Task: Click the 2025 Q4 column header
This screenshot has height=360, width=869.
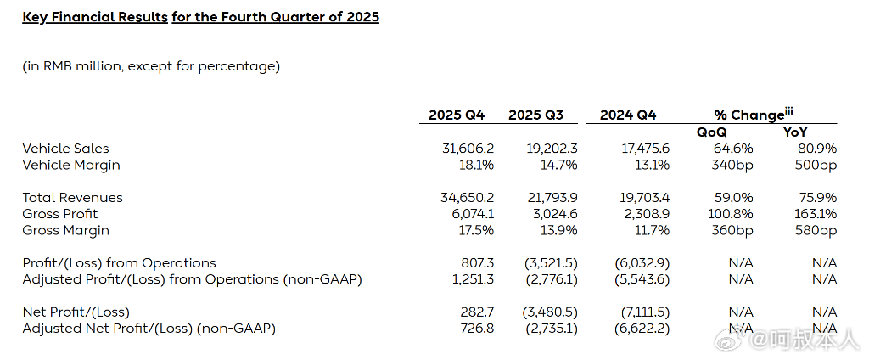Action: click(456, 115)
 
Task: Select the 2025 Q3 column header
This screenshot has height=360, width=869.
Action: click(535, 115)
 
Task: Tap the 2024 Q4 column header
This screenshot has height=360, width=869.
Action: click(627, 115)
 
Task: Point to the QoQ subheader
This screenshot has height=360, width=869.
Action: click(711, 132)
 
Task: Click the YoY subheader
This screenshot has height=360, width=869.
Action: click(795, 132)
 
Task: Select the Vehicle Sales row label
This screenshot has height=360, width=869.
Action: click(65, 149)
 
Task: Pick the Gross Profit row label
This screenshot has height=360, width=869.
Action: click(59, 214)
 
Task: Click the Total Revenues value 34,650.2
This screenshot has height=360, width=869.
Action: click(467, 198)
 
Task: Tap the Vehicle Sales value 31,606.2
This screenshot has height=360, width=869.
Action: click(468, 149)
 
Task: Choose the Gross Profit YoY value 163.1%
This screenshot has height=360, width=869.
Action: click(816, 214)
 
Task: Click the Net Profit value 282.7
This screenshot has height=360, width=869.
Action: click(476, 312)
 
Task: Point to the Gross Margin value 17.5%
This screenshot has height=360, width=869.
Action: click(475, 230)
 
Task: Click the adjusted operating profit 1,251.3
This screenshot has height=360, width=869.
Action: click(472, 279)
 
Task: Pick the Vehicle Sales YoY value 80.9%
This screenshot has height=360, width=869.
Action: click(818, 149)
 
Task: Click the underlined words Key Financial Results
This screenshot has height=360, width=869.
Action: click(94, 17)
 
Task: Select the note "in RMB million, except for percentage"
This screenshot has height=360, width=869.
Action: click(151, 66)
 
